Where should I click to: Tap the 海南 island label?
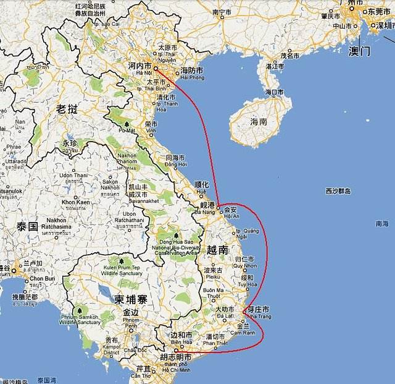[x=259, y=122]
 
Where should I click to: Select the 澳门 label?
[x=359, y=51]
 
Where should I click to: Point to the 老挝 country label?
[x=67, y=109]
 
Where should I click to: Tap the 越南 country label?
[x=217, y=250]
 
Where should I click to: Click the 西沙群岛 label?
[x=338, y=191]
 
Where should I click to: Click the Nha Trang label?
[x=260, y=317]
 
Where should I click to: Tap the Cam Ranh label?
[x=245, y=333]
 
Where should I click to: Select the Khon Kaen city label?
[x=75, y=202]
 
